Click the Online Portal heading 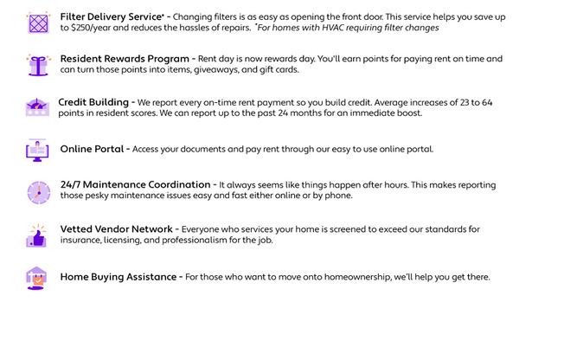click(92, 149)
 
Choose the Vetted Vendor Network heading click(117, 229)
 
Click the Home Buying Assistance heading click(119, 277)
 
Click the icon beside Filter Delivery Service click(38, 22)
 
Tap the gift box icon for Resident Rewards click(38, 64)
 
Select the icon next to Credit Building click(37, 107)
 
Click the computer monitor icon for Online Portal click(37, 150)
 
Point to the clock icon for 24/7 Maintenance click(38, 191)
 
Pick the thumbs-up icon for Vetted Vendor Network click(37, 235)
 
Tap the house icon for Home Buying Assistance click(37, 277)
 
